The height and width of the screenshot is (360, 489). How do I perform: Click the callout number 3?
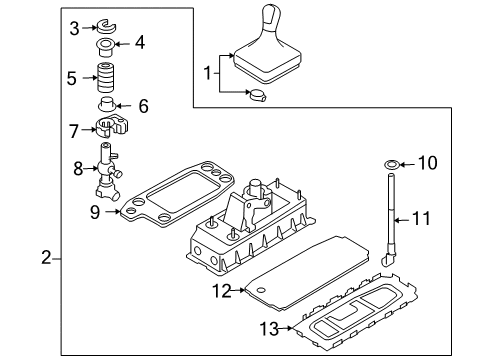(74, 28)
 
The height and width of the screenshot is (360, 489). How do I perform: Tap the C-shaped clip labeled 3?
(106, 27)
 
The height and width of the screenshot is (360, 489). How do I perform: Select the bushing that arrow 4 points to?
(105, 48)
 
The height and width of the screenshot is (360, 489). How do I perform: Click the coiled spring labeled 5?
(106, 77)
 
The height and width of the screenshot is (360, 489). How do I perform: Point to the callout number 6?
(143, 106)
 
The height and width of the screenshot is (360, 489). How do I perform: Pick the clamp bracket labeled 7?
(113, 127)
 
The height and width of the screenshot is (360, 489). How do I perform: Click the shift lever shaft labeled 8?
(108, 172)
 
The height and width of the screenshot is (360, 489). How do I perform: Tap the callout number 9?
(95, 212)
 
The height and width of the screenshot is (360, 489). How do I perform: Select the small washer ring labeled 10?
(392, 165)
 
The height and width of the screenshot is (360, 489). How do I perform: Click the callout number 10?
(427, 163)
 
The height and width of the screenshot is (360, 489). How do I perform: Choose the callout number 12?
(222, 291)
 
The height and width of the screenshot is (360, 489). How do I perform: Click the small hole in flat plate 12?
(261, 289)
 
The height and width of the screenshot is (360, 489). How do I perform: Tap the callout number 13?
(269, 329)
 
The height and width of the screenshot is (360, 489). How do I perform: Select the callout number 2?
(46, 258)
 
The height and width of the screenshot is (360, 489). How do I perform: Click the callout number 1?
(208, 73)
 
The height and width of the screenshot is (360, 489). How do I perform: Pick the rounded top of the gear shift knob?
(272, 13)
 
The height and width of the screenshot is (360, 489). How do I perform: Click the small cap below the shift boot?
(258, 95)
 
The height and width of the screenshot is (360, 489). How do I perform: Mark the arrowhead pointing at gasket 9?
(118, 211)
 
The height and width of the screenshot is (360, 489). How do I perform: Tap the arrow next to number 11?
(402, 220)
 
